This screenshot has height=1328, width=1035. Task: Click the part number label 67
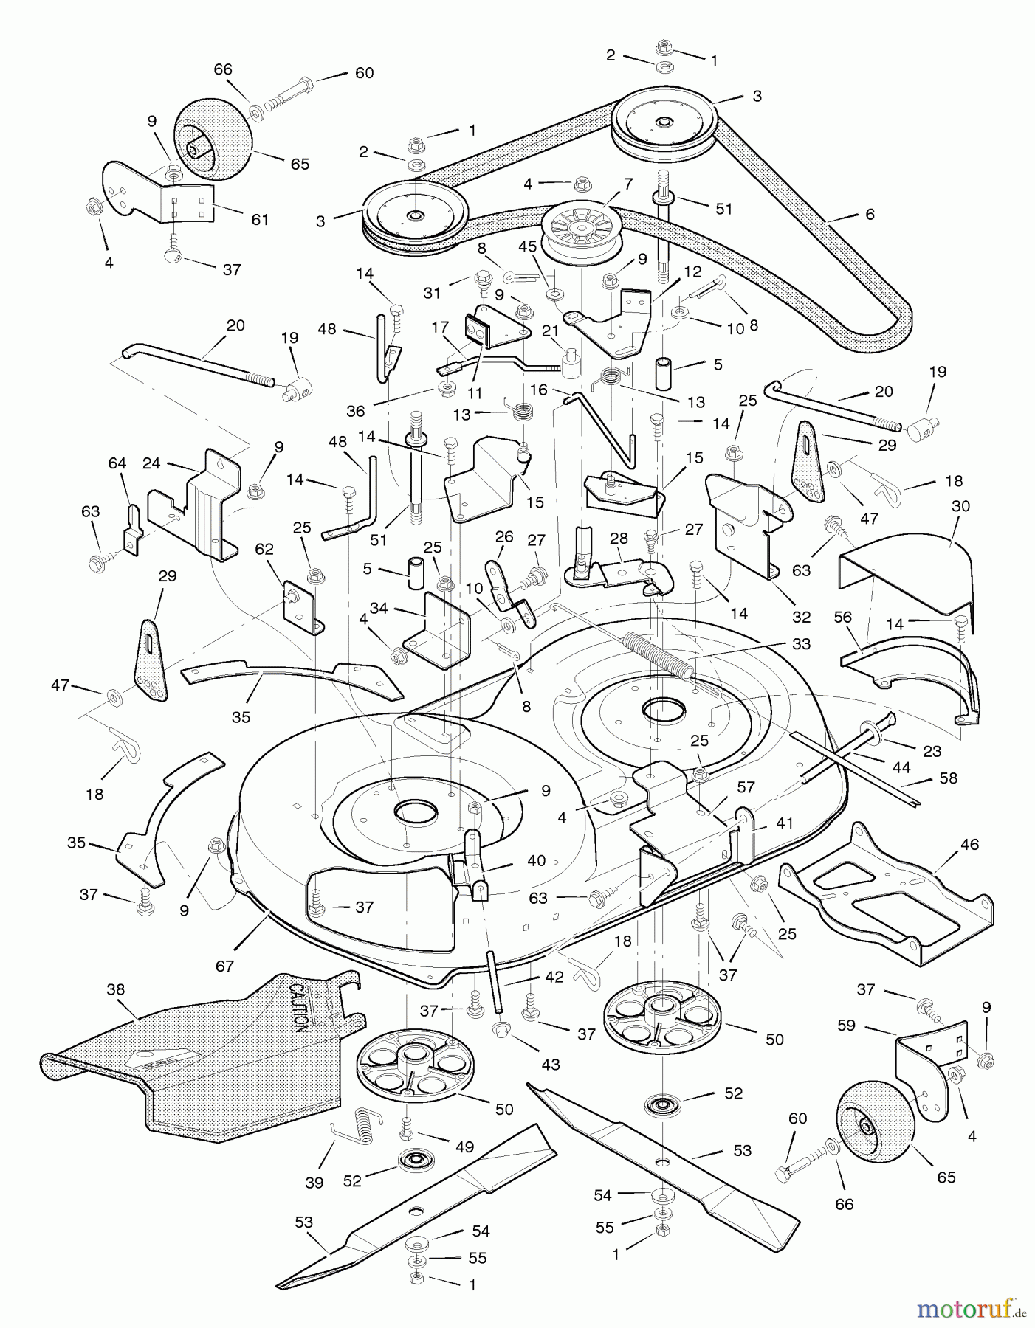pos(224,966)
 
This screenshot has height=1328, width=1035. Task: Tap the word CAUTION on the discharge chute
pos(298,1008)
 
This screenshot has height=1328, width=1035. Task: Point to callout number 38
pos(116,989)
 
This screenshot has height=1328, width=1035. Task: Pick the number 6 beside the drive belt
pos(870,214)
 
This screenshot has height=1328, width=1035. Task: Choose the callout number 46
pos(969,844)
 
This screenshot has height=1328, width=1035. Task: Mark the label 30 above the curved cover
pos(961,506)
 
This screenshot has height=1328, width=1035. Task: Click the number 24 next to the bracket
pos(151,463)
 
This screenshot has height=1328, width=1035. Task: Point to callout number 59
pos(846,1025)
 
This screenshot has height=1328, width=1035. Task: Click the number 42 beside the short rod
pos(554,977)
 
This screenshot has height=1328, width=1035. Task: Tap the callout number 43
pos(551,1064)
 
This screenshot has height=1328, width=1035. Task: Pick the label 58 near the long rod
pos(948,778)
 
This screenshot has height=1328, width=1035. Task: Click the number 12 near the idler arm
pos(692,272)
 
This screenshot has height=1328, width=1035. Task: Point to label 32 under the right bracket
pos(801,617)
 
